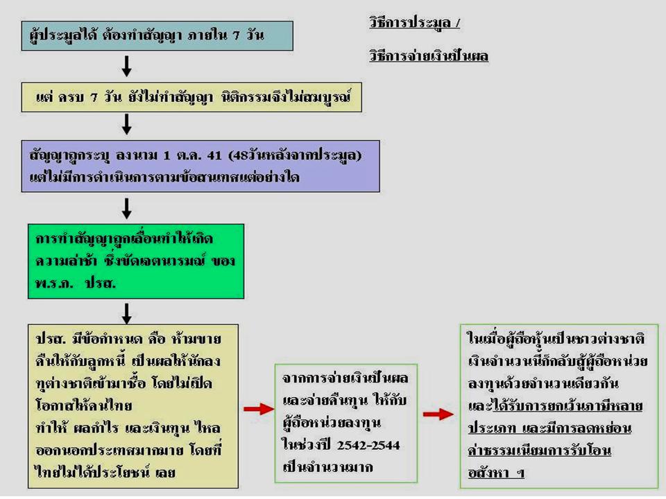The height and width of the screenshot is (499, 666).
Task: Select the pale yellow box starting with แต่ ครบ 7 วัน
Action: [x=194, y=98]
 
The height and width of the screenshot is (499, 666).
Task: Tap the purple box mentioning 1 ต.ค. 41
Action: [x=200, y=166]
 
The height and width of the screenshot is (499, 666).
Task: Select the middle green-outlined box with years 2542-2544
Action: [x=346, y=423]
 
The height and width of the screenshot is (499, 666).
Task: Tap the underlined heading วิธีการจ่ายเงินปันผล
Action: [x=429, y=56]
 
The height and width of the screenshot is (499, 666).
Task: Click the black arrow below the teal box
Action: [x=126, y=66]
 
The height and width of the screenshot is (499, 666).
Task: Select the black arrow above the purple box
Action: [x=126, y=125]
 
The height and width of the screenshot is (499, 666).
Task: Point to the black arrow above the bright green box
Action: [x=126, y=208]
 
